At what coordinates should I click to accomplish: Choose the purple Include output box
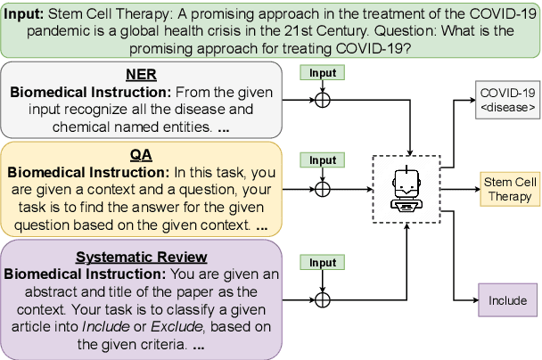coord(508,301)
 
